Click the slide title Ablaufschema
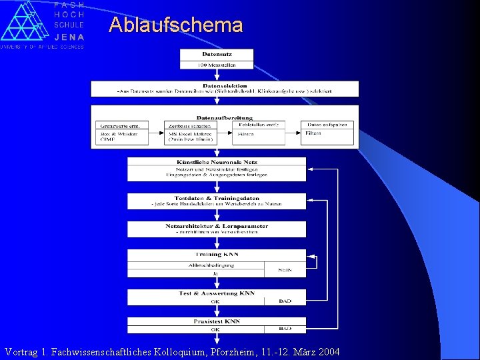(x=176, y=25)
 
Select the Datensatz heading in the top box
(x=217, y=54)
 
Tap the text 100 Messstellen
(x=217, y=65)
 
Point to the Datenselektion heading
(x=225, y=85)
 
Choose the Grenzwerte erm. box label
(x=121, y=125)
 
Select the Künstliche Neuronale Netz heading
(x=217, y=162)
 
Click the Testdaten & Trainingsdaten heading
(x=217, y=198)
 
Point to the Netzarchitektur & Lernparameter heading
(x=217, y=226)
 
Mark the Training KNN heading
(x=217, y=255)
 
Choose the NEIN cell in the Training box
(x=285, y=269)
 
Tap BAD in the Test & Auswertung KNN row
(x=285, y=301)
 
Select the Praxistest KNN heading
(x=217, y=321)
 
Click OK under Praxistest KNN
(x=215, y=329)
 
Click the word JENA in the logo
(x=69, y=37)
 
